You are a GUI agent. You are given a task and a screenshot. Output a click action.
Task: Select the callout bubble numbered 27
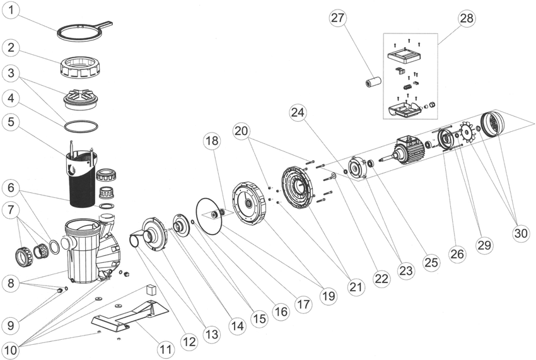coord(338,18)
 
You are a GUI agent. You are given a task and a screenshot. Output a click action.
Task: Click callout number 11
coord(165,348)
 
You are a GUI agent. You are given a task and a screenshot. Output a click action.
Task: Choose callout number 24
coord(298,113)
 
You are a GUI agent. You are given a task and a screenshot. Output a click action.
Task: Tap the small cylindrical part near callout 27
coord(372,82)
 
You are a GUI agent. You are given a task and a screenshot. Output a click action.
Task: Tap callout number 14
coord(237,326)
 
